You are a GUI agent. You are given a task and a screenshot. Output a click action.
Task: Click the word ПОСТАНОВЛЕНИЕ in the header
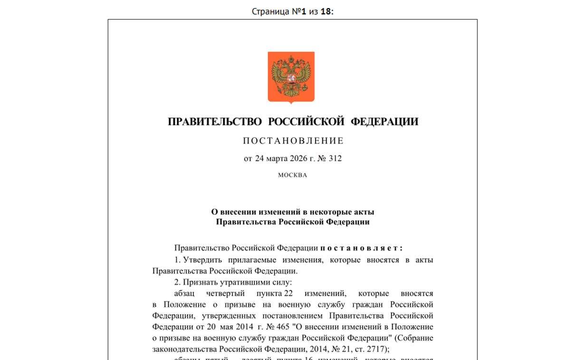click(x=293, y=141)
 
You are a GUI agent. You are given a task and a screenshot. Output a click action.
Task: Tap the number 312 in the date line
click(x=335, y=158)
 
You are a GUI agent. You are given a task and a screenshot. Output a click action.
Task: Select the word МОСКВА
click(x=292, y=175)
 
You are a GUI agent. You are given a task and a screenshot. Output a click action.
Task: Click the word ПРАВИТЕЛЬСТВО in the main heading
click(x=214, y=122)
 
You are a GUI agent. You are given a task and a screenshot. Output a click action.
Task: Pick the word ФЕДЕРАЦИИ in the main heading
click(x=384, y=122)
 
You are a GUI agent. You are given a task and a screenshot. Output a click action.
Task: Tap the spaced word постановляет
click(x=361, y=248)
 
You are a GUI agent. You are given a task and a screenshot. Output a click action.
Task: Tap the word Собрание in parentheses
click(x=417, y=338)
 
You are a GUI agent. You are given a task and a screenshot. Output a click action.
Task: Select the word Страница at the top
click(x=270, y=11)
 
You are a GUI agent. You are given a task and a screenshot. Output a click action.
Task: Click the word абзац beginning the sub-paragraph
click(x=184, y=293)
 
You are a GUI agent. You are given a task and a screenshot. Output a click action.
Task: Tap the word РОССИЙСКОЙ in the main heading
click(x=306, y=122)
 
